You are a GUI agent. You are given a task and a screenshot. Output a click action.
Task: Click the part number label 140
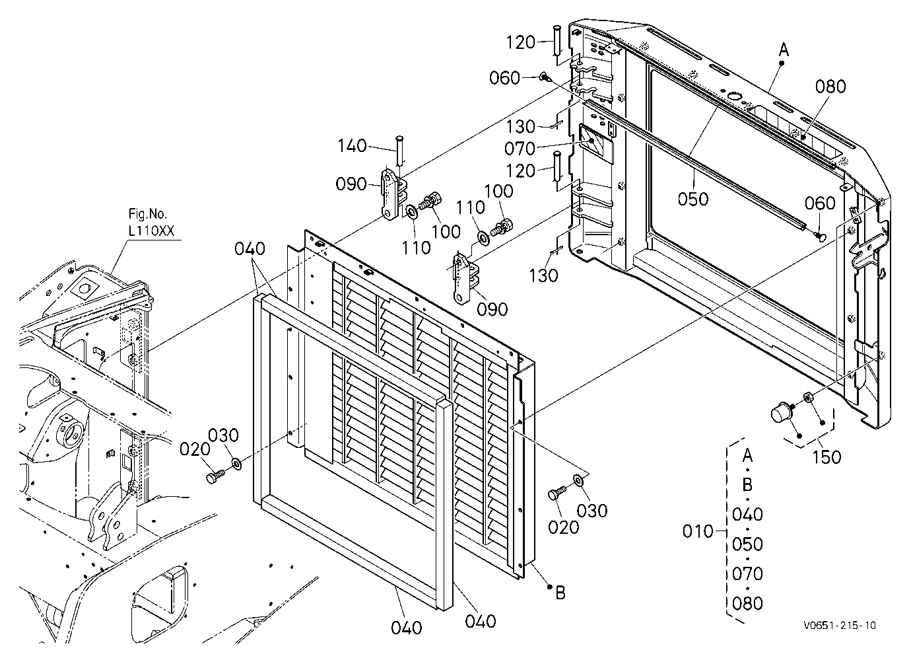[353, 146]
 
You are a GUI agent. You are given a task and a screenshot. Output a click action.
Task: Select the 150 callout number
[827, 457]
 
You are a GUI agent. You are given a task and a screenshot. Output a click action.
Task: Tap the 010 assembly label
[698, 531]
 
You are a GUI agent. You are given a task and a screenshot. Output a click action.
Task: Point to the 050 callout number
[693, 199]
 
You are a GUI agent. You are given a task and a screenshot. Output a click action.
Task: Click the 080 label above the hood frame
[830, 87]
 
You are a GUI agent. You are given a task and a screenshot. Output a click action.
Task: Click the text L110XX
[151, 231]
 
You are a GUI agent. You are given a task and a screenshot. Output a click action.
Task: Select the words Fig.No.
[148, 214]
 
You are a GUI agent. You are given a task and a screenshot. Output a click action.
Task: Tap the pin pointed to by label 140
[399, 150]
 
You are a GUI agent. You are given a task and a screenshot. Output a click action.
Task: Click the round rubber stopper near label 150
[781, 414]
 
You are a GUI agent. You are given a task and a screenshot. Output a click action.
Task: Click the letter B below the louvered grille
[560, 593]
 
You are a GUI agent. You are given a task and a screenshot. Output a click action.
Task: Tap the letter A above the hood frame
[784, 50]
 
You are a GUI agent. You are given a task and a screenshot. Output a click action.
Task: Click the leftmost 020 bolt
[215, 476]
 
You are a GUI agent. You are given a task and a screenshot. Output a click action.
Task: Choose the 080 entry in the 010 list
[747, 603]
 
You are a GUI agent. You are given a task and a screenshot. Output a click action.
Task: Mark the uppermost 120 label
[521, 42]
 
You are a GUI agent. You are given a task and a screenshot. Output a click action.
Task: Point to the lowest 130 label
[543, 276]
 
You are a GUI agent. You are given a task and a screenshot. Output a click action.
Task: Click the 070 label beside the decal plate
[520, 149]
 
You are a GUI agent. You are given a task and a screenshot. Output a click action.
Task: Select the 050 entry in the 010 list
[747, 544]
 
